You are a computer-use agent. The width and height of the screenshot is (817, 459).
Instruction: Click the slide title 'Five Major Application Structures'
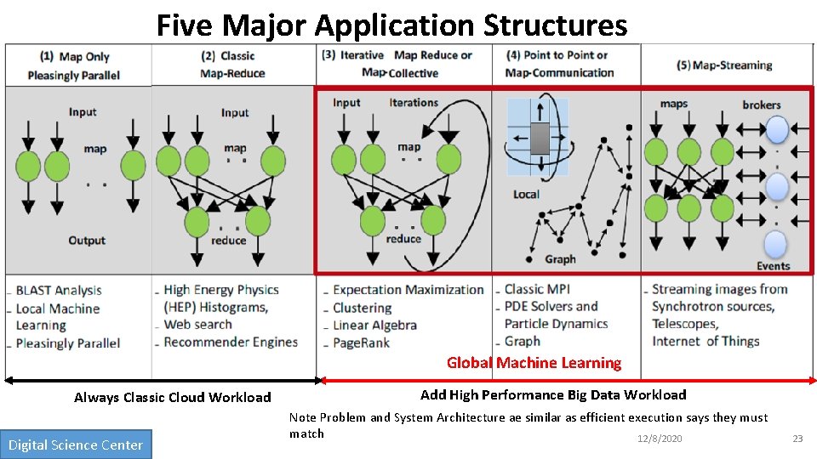pyautogui.click(x=391, y=25)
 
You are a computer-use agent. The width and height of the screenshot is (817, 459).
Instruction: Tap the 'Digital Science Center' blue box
pyautogui.click(x=76, y=445)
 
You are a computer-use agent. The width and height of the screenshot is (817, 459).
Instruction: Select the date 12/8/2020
pyautogui.click(x=660, y=438)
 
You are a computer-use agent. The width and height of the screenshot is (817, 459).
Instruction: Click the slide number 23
pyautogui.click(x=797, y=439)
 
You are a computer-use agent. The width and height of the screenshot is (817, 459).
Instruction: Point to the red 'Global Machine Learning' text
pyautogui.click(x=534, y=363)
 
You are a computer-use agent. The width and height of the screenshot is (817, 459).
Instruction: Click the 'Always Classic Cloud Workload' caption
pyautogui.click(x=172, y=397)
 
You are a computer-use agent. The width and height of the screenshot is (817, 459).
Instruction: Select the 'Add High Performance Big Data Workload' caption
pyautogui.click(x=553, y=394)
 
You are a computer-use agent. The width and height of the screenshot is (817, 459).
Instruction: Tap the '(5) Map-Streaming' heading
pyautogui.click(x=724, y=65)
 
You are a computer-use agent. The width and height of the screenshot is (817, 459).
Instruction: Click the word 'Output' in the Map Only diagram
pyautogui.click(x=87, y=241)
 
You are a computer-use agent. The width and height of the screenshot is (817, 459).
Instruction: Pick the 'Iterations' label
pyautogui.click(x=414, y=103)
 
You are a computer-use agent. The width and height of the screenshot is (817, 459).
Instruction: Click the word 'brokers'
pyautogui.click(x=761, y=105)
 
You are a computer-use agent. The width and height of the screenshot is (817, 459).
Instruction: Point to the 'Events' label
pyautogui.click(x=773, y=265)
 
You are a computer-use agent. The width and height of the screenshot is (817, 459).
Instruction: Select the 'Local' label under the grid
pyautogui.click(x=526, y=194)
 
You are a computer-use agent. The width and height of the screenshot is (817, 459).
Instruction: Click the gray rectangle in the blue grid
pyautogui.click(x=540, y=138)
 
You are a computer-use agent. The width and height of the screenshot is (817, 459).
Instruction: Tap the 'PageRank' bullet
pyautogui.click(x=363, y=343)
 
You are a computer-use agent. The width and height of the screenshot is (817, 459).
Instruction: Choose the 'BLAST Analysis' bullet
pyautogui.click(x=59, y=291)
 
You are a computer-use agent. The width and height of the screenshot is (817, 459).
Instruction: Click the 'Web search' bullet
pyautogui.click(x=198, y=324)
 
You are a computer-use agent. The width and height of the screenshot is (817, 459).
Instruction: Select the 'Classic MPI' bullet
pyautogui.click(x=537, y=289)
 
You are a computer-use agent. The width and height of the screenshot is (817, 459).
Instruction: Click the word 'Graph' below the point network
pyautogui.click(x=560, y=259)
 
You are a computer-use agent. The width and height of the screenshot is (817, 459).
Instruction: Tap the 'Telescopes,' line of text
pyautogui.click(x=685, y=324)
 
